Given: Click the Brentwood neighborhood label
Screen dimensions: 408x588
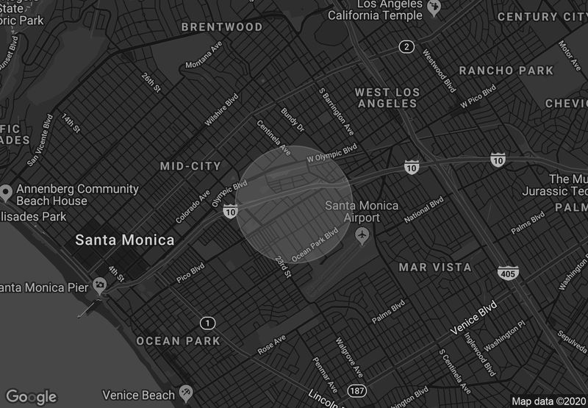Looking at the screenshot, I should pyautogui.click(x=221, y=27).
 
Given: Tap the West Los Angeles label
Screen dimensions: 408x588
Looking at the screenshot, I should pyautogui.click(x=386, y=98).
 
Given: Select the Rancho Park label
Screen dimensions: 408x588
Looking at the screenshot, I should pyautogui.click(x=506, y=71).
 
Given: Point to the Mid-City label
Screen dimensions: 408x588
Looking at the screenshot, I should pyautogui.click(x=190, y=166).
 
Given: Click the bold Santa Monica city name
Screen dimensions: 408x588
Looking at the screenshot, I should pyautogui.click(x=125, y=240).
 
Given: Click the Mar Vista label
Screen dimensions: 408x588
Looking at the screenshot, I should pyautogui.click(x=435, y=267).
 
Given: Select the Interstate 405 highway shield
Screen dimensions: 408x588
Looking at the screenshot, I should pyautogui.click(x=507, y=273).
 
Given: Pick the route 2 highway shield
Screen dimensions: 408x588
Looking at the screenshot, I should pyautogui.click(x=406, y=47).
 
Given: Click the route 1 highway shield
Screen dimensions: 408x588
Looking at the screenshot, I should pyautogui.click(x=208, y=323).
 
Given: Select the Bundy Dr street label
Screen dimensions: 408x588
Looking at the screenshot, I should pyautogui.click(x=293, y=120).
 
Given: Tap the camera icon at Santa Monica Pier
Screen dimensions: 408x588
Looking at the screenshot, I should pyautogui.click(x=99, y=286).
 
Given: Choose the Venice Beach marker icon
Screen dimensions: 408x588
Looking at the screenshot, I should pyautogui.click(x=185, y=393).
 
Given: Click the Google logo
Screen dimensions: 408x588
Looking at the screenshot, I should pyautogui.click(x=31, y=397).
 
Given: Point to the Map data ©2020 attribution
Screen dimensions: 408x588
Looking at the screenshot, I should pyautogui.click(x=548, y=401).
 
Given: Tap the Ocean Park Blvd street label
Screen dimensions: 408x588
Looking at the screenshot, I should pyautogui.click(x=315, y=245).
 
